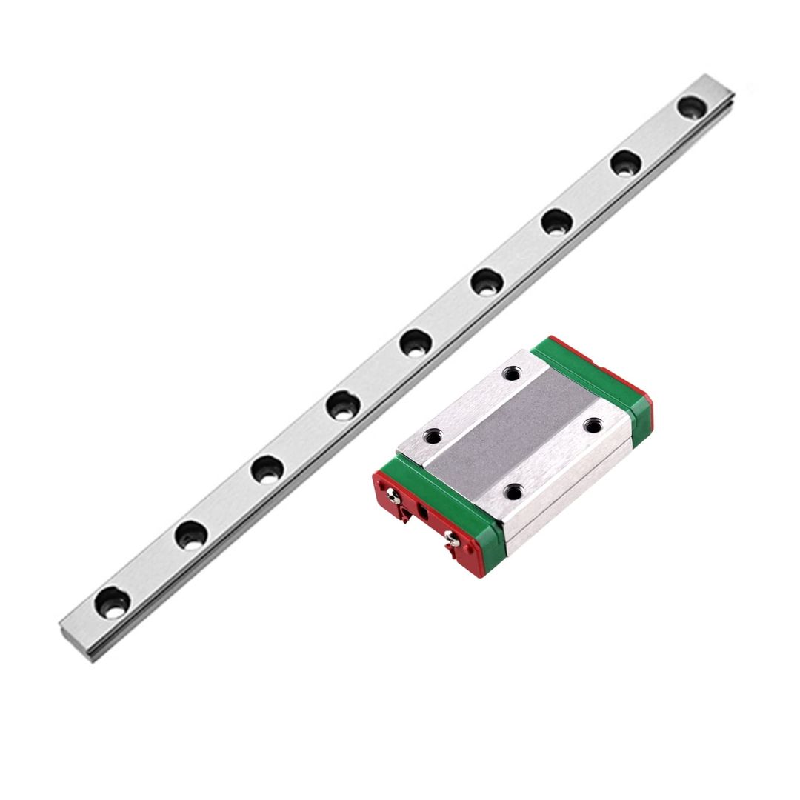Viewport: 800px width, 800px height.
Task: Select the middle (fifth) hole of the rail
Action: [x=416, y=342]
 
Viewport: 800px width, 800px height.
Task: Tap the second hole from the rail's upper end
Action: [x=627, y=162]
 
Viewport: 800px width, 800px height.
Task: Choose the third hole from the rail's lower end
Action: [x=267, y=469]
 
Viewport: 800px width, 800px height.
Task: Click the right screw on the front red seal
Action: [x=450, y=544]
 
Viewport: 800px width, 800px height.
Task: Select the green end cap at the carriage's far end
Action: [x=593, y=378]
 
